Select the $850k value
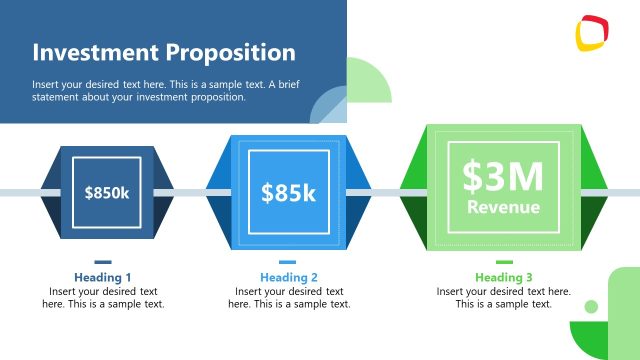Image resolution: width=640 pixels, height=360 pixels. pos(107,192)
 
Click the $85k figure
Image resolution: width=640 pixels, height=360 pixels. pos(288,192)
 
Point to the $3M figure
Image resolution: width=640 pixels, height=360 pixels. pos(503,177)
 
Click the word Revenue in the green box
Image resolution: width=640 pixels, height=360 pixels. pos(503,208)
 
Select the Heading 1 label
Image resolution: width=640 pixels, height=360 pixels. pos(103,277)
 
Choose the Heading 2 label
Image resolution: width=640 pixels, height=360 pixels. pos(289,277)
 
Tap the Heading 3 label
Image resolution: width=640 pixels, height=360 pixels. pos(504,277)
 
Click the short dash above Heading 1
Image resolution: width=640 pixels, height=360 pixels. pos(103,262)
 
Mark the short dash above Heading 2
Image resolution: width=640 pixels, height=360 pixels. pos(288,262)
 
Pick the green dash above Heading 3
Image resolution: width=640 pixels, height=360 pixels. pos(504,262)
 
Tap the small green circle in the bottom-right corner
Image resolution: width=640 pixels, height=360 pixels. pos(591,307)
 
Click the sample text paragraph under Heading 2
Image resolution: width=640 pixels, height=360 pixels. pos(289,298)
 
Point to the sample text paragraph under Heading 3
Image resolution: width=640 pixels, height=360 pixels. pos(504,298)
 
